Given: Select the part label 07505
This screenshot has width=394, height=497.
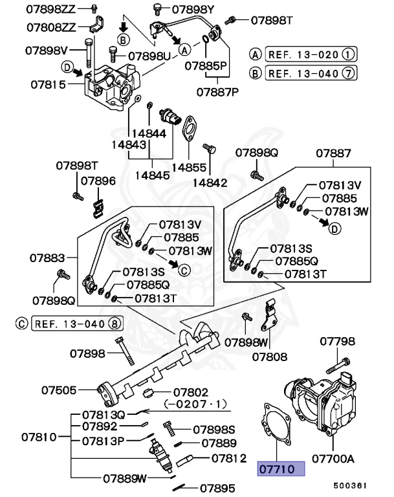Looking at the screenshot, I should click(60, 390).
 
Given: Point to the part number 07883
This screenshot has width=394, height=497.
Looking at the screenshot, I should click(46, 258).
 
